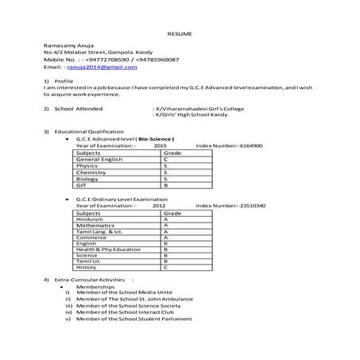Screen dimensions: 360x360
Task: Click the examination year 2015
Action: [x=160, y=146]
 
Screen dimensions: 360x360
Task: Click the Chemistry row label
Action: [x=91, y=172]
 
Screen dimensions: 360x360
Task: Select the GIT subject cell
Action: [x=82, y=184]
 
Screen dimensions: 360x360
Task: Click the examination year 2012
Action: [x=159, y=206]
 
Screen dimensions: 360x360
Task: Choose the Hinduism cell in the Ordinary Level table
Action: [x=90, y=219]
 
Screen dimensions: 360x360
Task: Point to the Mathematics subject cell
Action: [x=95, y=225]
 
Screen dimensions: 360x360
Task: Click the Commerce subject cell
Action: [x=91, y=237]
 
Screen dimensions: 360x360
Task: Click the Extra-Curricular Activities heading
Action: [x=87, y=281]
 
